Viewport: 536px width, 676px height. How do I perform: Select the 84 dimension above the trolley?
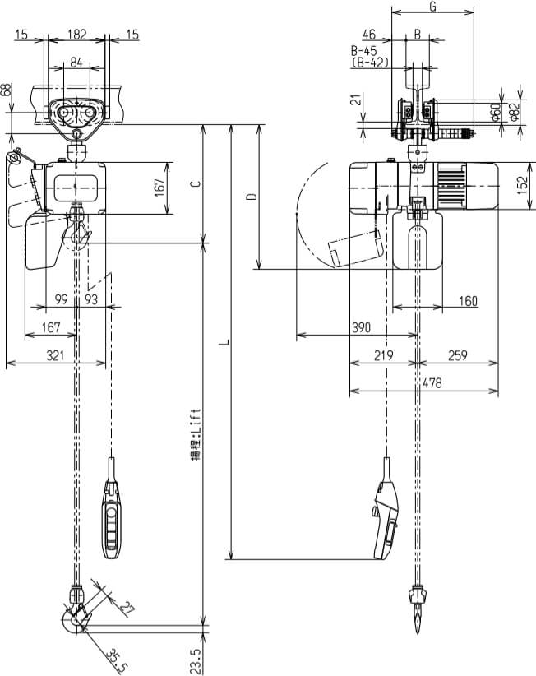[76, 63]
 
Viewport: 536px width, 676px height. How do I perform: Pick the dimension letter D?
[252, 197]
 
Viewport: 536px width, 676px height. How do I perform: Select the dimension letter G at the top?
[432, 7]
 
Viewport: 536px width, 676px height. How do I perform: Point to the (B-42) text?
[369, 62]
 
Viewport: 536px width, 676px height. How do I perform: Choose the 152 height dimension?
[523, 185]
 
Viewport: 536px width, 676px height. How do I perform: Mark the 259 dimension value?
[457, 355]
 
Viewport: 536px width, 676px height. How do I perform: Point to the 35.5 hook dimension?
[114, 657]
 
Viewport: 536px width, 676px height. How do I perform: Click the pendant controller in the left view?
[112, 519]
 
